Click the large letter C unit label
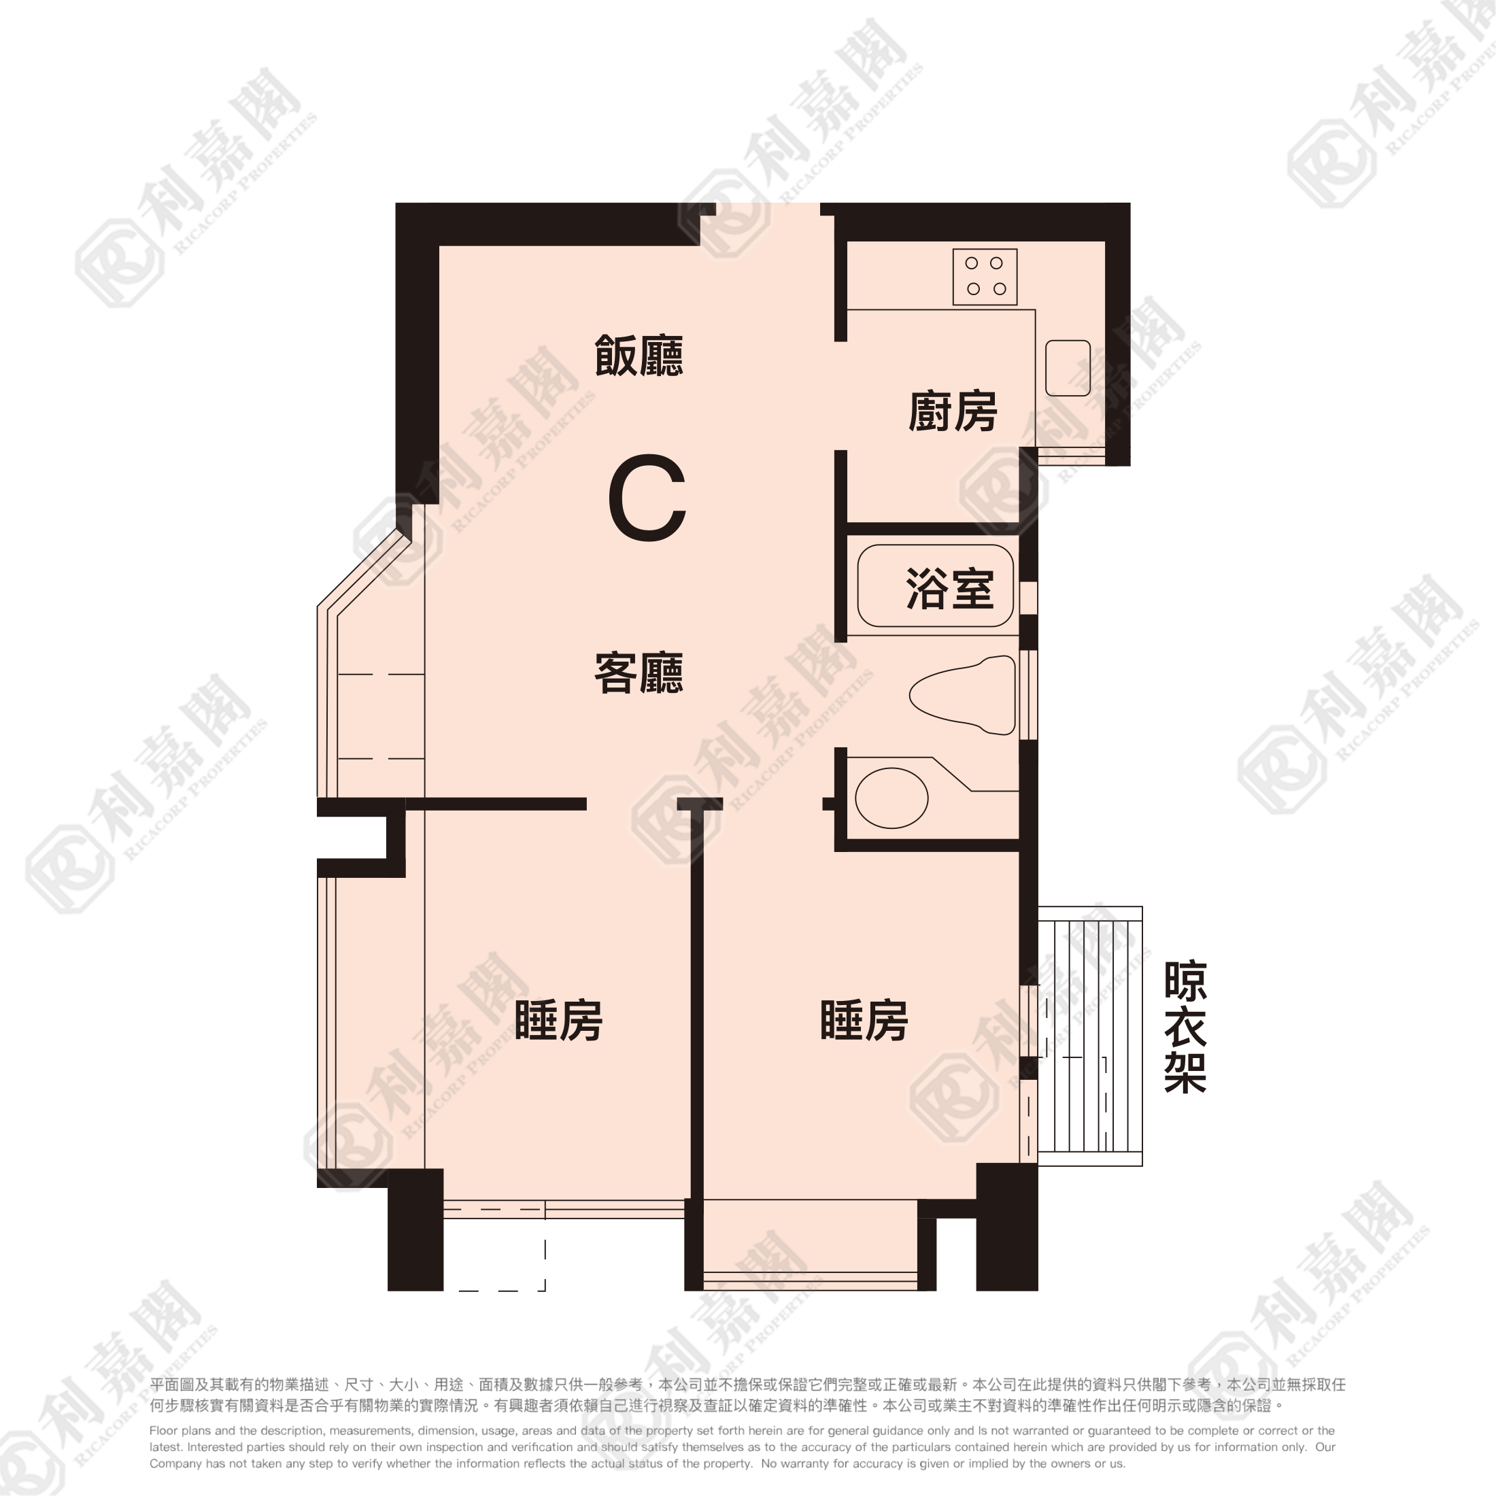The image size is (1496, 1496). tap(647, 498)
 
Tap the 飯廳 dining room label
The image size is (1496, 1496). tap(639, 356)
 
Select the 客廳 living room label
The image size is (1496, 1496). tap(639, 673)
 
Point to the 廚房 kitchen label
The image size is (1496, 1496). tap(953, 411)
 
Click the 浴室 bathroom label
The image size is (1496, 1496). tap(950, 588)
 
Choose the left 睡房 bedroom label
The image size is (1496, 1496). tap(558, 1020)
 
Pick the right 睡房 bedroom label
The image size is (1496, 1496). tap(864, 1020)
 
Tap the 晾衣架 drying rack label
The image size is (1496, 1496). tap(1185, 1027)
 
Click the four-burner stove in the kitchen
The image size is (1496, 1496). tap(985, 277)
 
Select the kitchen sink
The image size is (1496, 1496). tap(1068, 368)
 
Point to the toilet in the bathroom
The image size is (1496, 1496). tap(962, 694)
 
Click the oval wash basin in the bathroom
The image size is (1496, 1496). tap(891, 798)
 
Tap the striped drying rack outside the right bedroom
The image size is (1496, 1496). tap(1090, 1036)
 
